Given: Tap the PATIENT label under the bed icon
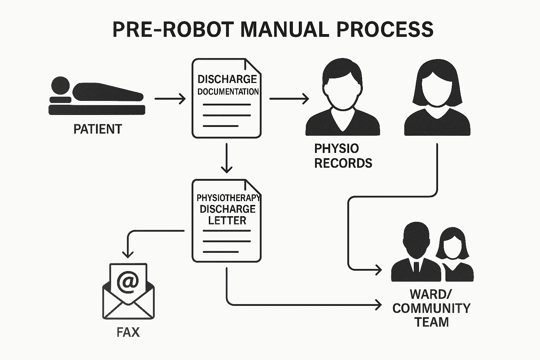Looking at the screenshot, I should coord(97,129).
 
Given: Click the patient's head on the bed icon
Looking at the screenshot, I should coord(60,85).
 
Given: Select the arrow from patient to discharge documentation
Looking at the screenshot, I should coord(170,99).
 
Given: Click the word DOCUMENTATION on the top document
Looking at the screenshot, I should coord(228,92).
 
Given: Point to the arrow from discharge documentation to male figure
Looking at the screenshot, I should coord(289,99).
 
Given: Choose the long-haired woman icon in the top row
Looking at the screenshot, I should coord(437,98).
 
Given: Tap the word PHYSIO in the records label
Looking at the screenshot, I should coord(336,149).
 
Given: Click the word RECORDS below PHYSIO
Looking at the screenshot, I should coord(343,163).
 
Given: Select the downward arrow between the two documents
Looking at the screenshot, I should coord(227,158).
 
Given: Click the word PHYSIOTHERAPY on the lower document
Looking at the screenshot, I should coord(228,198).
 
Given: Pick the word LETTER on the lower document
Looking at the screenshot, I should coord(227,220).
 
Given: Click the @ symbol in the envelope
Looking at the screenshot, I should coord(128,282).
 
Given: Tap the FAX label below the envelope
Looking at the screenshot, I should coord(128,332).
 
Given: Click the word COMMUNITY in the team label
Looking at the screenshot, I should coord(431,308).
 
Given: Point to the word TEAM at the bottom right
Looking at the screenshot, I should coord(432,322).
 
